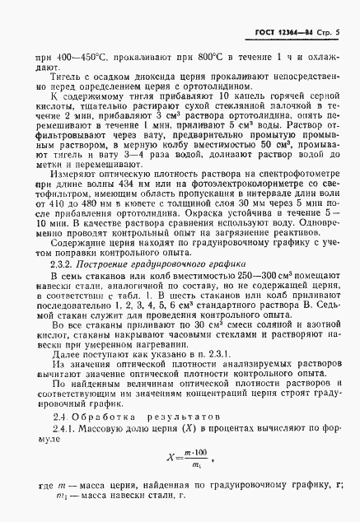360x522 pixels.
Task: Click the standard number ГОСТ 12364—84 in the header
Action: tap(280, 30)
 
